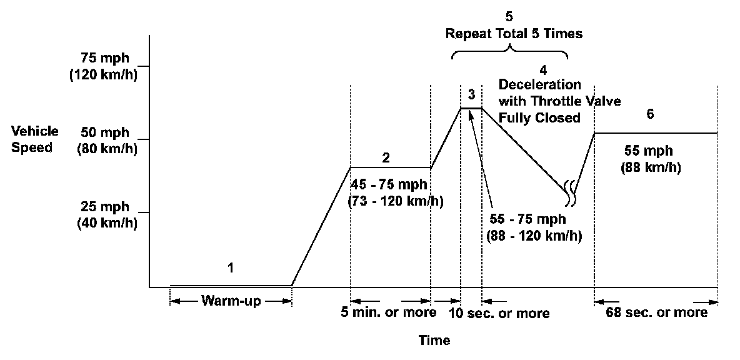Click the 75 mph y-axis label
point(105,65)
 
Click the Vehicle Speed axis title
point(35,139)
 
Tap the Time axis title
point(434,341)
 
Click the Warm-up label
point(231,301)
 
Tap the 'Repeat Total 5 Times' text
point(514,34)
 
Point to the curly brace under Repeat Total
point(510,52)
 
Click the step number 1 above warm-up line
point(231,268)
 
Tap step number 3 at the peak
point(471,94)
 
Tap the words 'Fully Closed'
point(539,117)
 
